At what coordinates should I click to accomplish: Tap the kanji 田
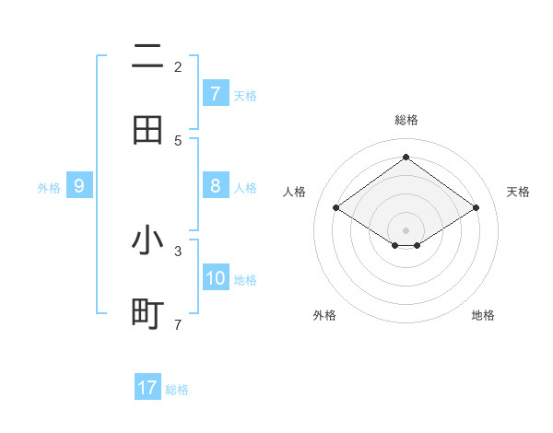click(x=147, y=130)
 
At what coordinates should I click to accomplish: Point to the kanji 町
click(x=147, y=314)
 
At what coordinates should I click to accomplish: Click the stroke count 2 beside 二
click(x=178, y=66)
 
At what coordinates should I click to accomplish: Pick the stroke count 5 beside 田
click(x=178, y=140)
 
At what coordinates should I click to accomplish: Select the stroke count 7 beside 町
click(x=178, y=324)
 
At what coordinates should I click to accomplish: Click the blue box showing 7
click(x=215, y=93)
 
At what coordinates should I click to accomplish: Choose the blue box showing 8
click(x=215, y=186)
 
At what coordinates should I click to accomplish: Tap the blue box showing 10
click(x=216, y=278)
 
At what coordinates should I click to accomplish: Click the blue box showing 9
click(x=79, y=186)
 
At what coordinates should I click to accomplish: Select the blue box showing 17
click(x=147, y=388)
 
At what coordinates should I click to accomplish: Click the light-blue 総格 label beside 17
click(x=177, y=390)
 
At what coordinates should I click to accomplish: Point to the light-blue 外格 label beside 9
click(x=49, y=188)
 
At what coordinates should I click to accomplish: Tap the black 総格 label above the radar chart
click(x=406, y=120)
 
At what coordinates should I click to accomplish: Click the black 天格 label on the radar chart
click(x=518, y=192)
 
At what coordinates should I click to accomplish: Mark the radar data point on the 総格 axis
click(x=406, y=158)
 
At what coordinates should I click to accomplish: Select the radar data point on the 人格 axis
click(x=336, y=208)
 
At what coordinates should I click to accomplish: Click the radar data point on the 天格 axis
click(x=476, y=208)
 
